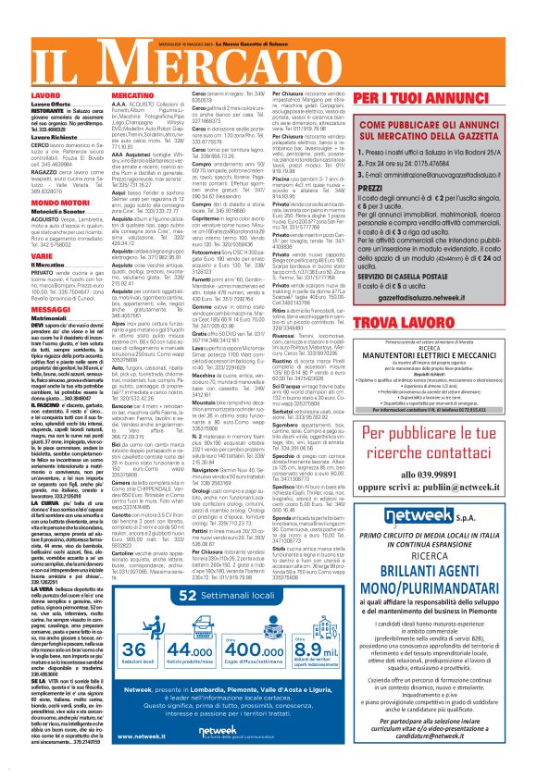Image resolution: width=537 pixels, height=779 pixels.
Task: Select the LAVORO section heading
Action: tap(20, 95)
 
